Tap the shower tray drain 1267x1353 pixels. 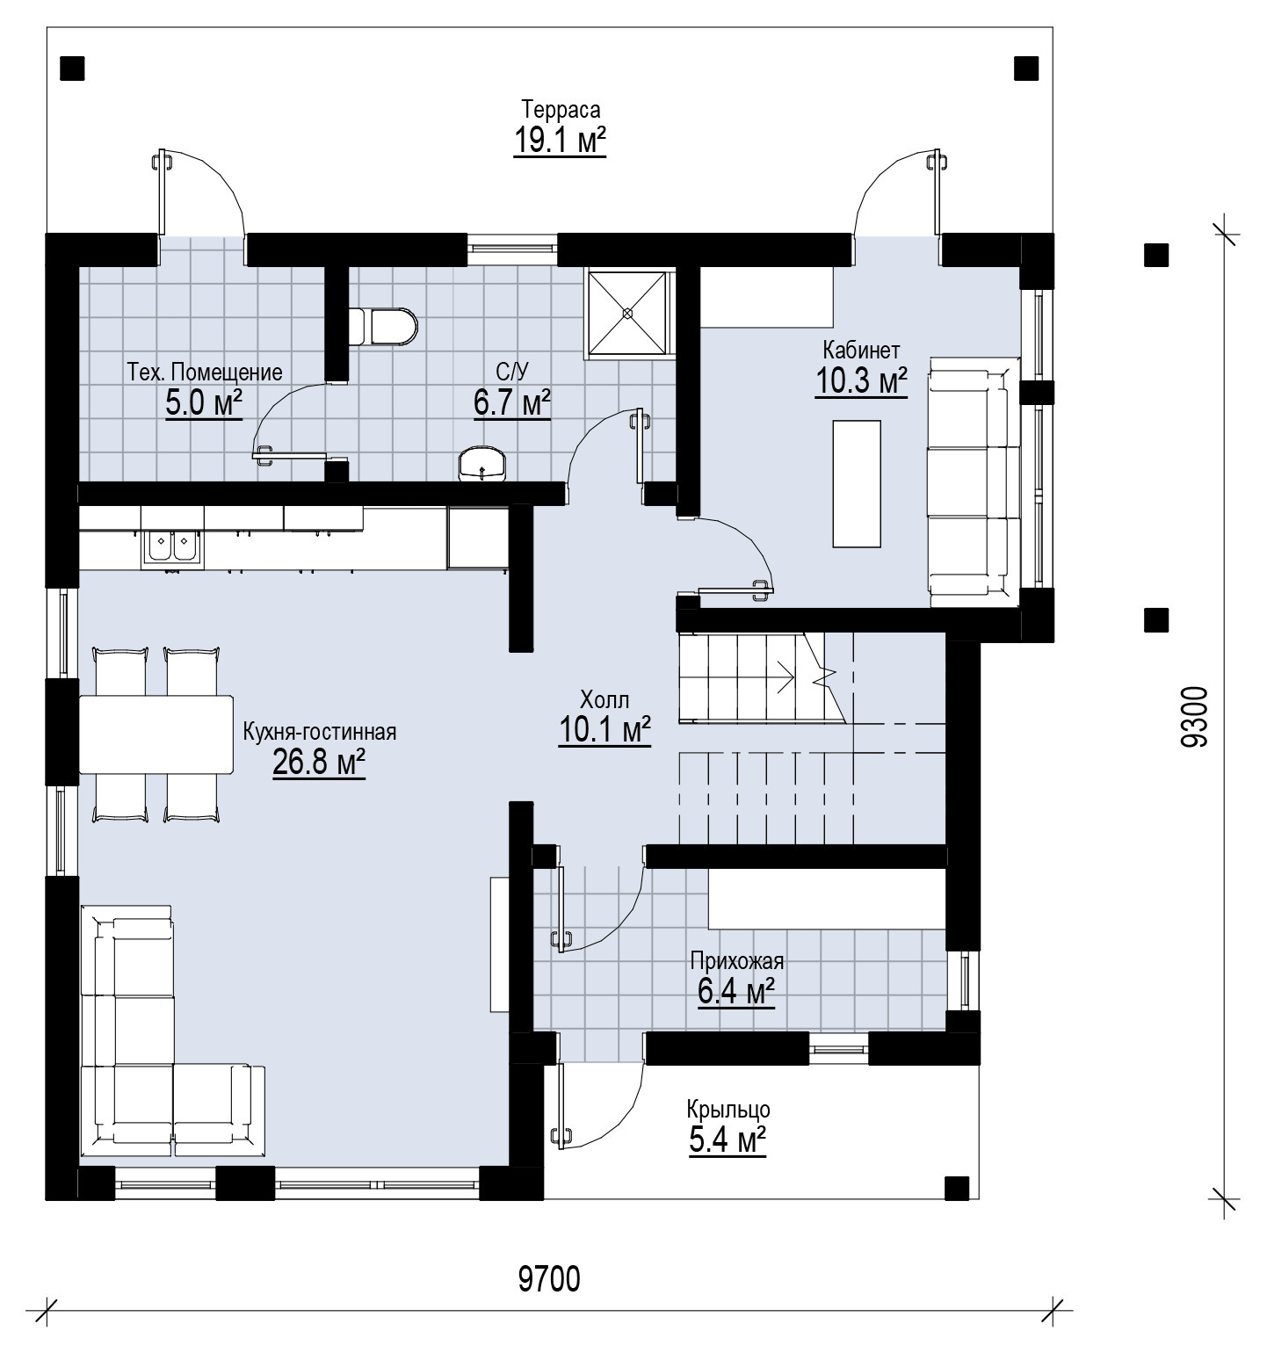[627, 312]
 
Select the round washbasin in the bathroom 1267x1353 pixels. [483, 463]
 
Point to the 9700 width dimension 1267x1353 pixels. [549, 1279]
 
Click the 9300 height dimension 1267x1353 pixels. [1195, 716]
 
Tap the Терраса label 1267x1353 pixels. [561, 110]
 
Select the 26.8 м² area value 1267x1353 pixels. [319, 763]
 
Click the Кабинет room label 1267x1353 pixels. [861, 351]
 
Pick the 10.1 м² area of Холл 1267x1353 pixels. [605, 730]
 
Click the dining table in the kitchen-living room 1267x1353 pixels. [156, 734]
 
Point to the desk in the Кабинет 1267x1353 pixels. [856, 483]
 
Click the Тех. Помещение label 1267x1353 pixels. [205, 372]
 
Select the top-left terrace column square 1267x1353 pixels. [72, 68]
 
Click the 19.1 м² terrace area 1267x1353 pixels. [561, 141]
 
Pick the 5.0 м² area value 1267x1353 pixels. [204, 403]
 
